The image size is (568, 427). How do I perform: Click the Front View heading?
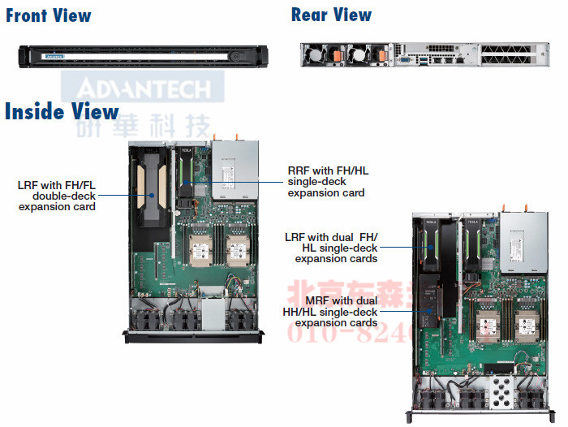[x=49, y=15]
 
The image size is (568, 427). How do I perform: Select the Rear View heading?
[x=331, y=15]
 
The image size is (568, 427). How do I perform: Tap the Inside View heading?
[x=62, y=111]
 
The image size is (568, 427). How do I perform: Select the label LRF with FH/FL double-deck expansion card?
[x=57, y=196]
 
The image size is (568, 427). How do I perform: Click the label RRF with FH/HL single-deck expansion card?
[x=327, y=182]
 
